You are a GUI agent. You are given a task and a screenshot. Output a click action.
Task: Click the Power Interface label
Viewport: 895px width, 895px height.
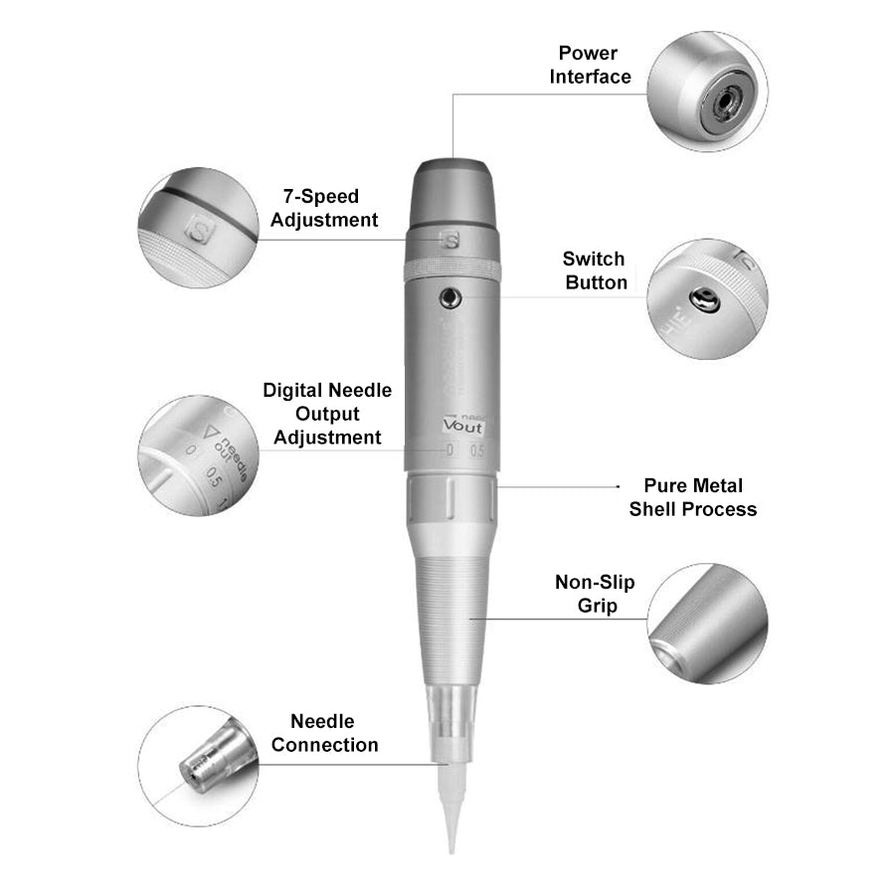594,65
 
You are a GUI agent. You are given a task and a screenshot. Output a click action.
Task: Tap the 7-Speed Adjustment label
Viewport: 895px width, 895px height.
324,208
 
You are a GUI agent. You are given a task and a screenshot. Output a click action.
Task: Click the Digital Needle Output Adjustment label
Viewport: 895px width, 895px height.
327,414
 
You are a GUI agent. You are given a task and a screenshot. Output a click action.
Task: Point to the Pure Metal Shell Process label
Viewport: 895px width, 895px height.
692,497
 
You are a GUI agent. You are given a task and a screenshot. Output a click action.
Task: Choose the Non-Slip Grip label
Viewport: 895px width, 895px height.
595,594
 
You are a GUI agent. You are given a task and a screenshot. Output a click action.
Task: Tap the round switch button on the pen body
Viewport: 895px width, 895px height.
452,295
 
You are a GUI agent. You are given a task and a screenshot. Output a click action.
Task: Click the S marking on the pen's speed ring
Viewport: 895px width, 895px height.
452,240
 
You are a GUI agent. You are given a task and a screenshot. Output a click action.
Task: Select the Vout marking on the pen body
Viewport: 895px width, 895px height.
462,427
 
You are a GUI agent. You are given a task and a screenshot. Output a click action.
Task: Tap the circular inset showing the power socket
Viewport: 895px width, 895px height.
707,90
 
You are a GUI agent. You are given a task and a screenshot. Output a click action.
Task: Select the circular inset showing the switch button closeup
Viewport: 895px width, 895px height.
707,297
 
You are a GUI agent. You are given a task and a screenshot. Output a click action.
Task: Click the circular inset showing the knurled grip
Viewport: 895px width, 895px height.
707,624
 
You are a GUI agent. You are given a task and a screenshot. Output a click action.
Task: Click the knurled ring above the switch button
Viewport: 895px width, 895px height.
452,268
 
